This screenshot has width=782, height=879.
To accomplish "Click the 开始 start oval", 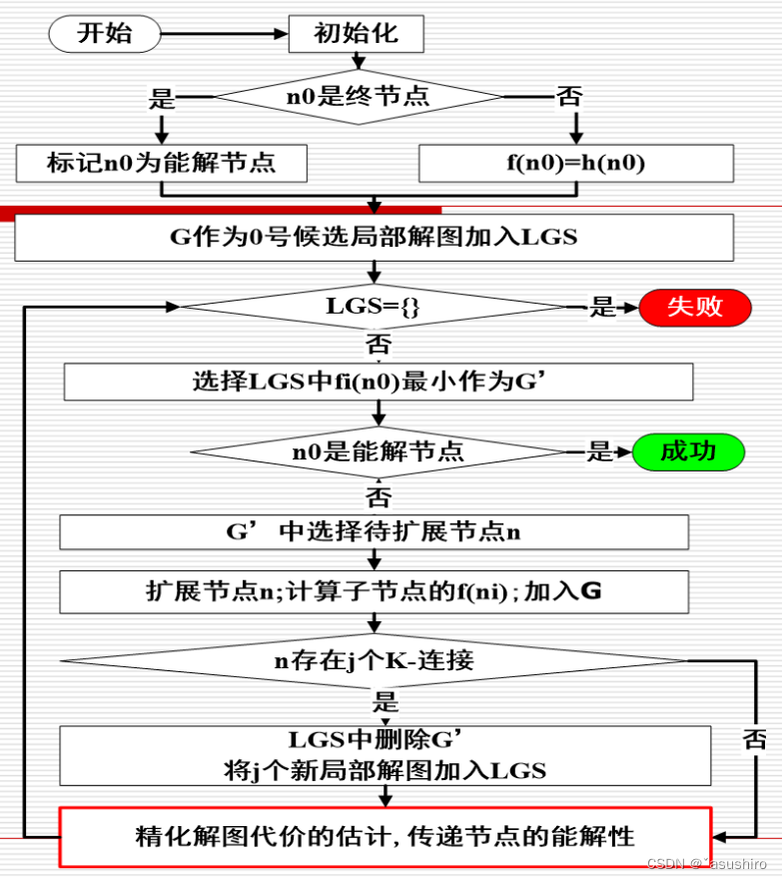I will [104, 33].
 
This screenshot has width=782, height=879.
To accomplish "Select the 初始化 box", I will [356, 33].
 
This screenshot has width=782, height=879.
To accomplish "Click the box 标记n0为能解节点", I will [161, 163].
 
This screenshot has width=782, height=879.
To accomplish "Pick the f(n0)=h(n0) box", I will [575, 163].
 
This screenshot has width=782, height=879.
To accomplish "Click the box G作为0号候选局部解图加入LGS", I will [374, 238].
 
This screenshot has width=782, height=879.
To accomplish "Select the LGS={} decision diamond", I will [374, 307].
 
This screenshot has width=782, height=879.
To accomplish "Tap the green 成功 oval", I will [688, 451].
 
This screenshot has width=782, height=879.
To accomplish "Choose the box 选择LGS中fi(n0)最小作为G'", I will [378, 382].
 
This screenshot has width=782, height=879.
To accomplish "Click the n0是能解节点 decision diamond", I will [378, 451].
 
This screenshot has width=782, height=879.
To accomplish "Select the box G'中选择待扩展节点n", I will [374, 531].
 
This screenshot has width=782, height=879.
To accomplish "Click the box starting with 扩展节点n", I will [374, 591].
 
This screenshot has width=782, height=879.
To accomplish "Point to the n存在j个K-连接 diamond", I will [374, 660].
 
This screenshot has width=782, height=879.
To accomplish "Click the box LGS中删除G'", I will [385, 754].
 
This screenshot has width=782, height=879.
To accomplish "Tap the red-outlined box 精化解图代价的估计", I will [385, 836].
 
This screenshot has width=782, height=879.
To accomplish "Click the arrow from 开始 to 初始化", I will [223, 34].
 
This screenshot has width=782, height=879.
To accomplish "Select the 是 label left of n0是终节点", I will [162, 98].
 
